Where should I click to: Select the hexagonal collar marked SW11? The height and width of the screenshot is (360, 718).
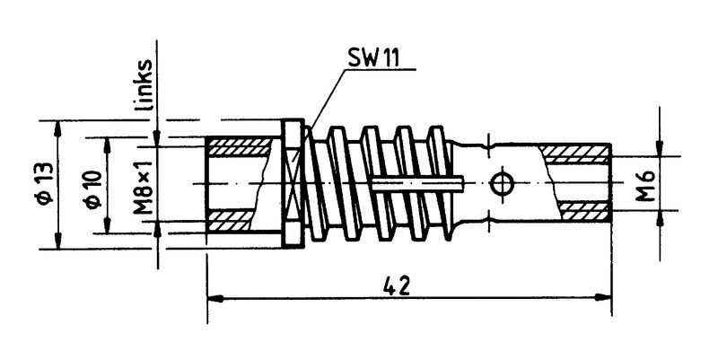290,184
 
